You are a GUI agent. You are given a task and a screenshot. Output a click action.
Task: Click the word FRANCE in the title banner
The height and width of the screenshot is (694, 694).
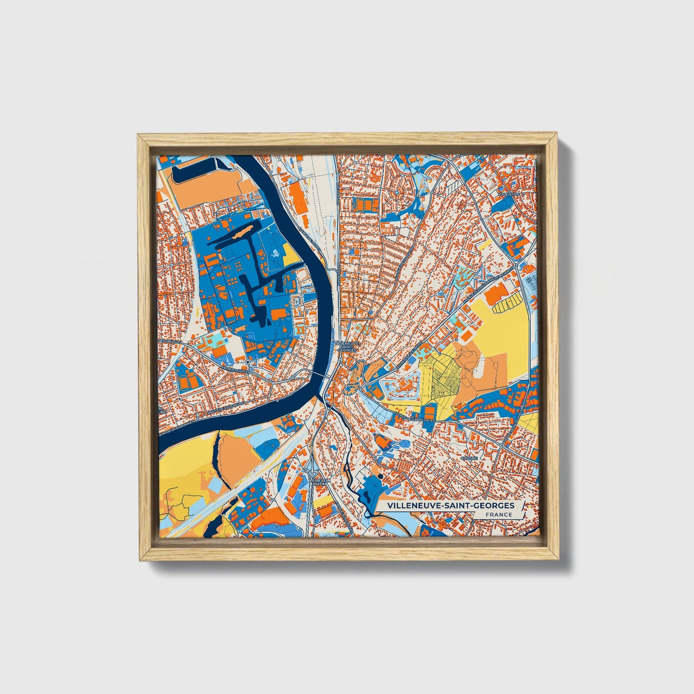(498, 514)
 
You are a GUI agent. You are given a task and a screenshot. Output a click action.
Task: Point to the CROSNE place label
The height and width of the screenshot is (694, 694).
(469, 458)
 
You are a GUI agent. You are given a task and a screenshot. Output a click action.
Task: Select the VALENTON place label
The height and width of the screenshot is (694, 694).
(509, 194)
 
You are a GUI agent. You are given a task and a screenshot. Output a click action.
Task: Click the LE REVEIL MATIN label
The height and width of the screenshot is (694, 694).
(317, 481)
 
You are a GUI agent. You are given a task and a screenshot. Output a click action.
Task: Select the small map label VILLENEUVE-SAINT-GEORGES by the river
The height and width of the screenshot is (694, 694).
(344, 347)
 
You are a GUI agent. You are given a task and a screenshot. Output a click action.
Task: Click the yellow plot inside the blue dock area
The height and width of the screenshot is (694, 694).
(291, 254)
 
